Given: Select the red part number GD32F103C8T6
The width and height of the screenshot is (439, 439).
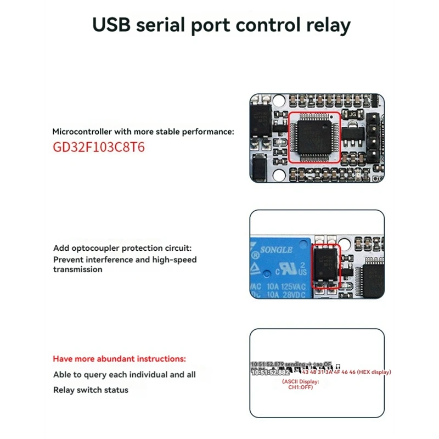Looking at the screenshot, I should pos(99,148).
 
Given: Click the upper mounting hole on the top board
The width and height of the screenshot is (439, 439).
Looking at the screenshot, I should pos(279,102).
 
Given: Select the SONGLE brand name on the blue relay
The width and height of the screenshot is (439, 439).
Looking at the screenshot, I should pos(276,250).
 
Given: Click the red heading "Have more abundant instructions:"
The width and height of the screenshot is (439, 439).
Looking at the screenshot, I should pos(119,359).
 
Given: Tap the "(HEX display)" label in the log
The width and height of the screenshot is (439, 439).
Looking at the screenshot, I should pos(374,372).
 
